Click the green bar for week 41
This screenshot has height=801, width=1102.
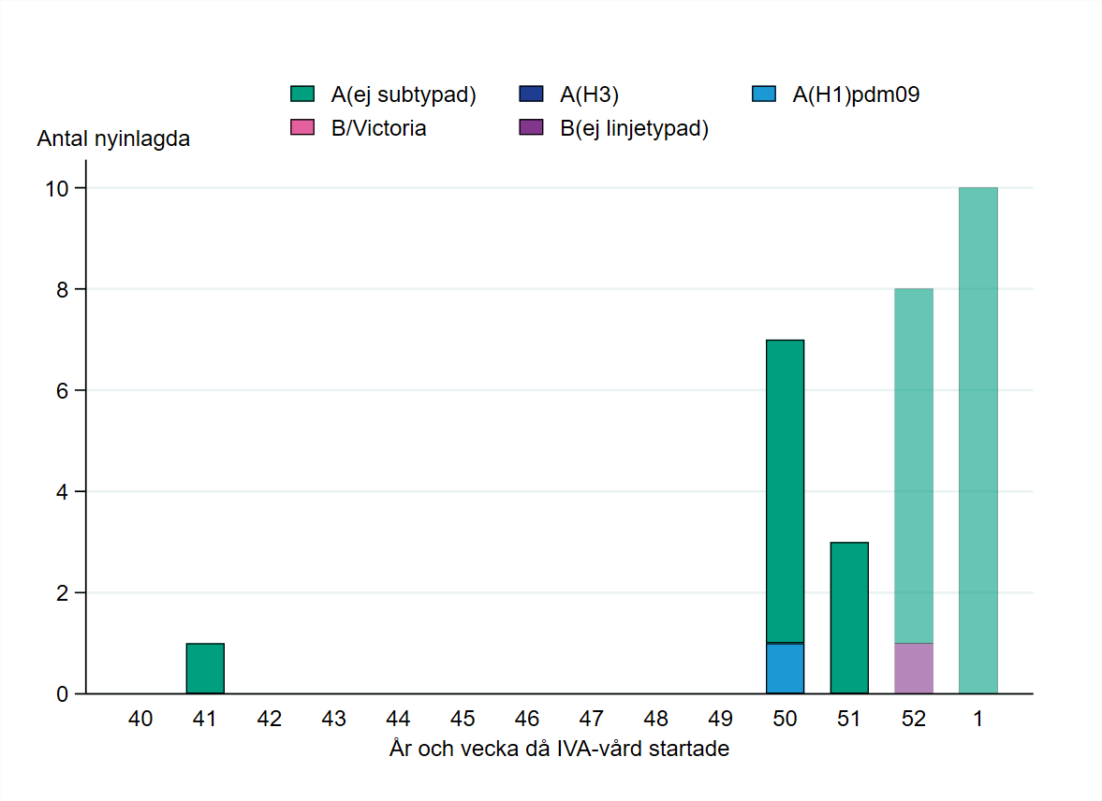point(205,668)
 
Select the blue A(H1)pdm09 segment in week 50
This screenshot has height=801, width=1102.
point(785,668)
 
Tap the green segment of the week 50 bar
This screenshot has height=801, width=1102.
point(785,491)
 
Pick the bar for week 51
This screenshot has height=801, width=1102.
point(849,618)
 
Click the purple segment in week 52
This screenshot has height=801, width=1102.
point(914,668)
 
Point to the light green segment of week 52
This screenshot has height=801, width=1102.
point(914,466)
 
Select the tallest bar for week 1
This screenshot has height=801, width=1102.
point(978,440)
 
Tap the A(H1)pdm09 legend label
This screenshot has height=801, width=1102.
point(856,94)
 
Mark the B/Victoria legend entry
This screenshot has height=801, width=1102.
point(378,129)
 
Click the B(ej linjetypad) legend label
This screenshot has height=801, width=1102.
point(634,129)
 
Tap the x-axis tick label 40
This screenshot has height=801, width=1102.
point(140,720)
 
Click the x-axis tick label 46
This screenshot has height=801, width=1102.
point(527,720)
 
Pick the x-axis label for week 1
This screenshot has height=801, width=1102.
point(978,720)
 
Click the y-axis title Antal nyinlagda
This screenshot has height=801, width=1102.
point(113,139)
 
